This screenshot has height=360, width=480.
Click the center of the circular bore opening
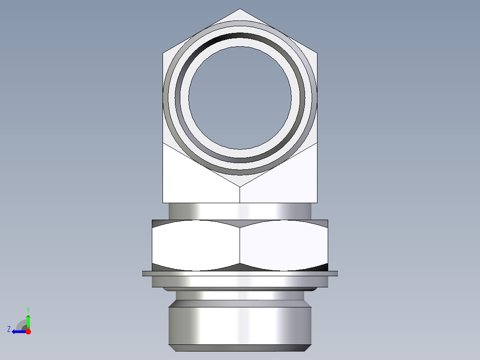pos(240,98)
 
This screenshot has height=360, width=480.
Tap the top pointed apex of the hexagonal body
pos(240,10)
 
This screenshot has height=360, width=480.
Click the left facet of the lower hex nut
pos(196,245)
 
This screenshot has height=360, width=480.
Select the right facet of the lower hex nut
pos(284,245)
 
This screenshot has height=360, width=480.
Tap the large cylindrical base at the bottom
pos(240,325)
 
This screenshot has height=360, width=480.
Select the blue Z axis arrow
pos(18,331)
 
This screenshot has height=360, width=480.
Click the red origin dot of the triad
pos(28,331)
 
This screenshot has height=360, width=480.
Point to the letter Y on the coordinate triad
pos(28,309)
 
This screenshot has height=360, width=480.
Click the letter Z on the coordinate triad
pos(9,329)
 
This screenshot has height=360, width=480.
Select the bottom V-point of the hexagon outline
pos(240,186)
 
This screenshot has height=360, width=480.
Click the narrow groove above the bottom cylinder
pos(240,295)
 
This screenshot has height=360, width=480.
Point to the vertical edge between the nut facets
pos(240,245)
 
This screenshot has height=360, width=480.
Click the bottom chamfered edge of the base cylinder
pos(240,348)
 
